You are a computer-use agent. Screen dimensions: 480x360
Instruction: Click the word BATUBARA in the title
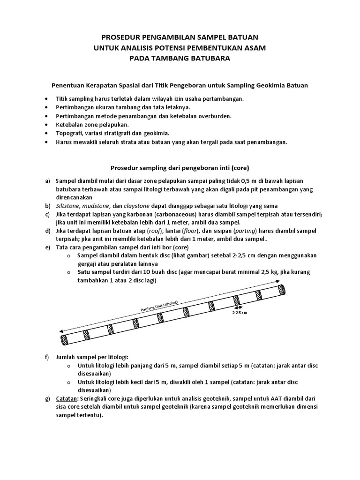point(211,57)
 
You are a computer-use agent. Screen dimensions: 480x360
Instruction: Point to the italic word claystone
point(136,206)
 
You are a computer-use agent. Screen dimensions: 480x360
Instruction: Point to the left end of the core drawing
point(62,339)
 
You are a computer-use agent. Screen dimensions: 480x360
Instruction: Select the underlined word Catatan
point(67,398)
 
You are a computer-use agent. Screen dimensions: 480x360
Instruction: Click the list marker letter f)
point(47,357)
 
